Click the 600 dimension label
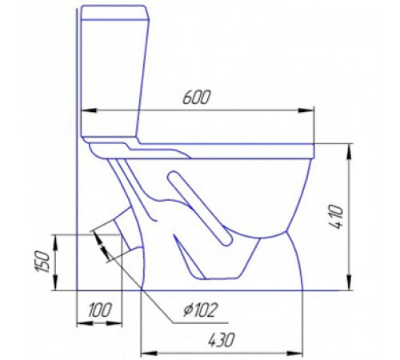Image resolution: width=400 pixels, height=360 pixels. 197,98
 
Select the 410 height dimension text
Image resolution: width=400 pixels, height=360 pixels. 335,217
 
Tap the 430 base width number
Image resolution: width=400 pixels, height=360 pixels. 222,340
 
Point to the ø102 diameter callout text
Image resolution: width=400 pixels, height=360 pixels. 201,310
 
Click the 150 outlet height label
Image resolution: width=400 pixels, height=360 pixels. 42,262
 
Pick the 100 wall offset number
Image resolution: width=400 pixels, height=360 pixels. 99,310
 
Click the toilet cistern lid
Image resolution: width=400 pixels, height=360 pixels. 114,13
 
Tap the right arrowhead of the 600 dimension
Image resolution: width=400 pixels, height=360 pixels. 306,110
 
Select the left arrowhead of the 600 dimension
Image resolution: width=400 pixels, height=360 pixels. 89,110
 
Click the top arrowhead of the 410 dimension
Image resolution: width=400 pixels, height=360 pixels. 349,152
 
